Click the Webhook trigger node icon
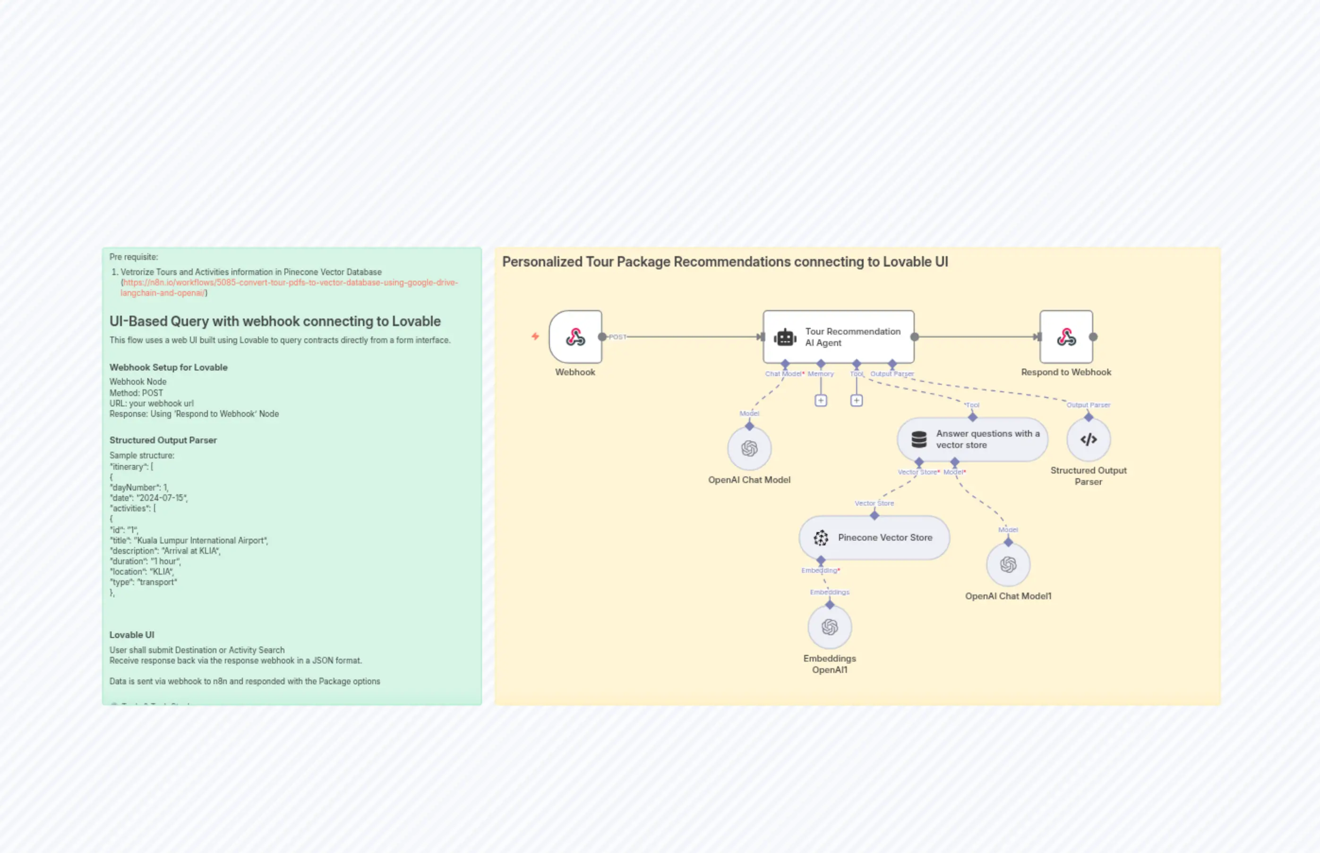[575, 337]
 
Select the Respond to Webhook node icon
[1066, 337]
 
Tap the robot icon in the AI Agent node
[785, 337]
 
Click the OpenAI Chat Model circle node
[749, 448]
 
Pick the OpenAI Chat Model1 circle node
[1008, 564]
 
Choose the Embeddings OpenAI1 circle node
[830, 627]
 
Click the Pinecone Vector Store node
[874, 537]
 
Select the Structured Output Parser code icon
[1088, 439]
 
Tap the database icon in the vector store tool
[918, 439]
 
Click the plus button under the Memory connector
[821, 400]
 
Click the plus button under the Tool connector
[856, 400]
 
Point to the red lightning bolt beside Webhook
[535, 336]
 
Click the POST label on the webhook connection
[617, 337]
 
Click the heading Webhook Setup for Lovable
[168, 367]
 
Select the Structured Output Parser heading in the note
[163, 440]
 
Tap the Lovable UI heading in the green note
[132, 635]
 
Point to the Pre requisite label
[133, 257]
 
